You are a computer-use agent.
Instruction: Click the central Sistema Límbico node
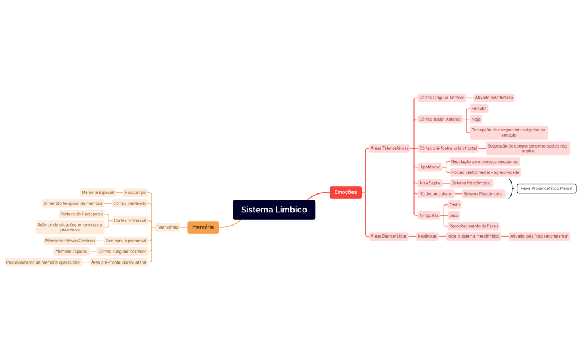(274, 210)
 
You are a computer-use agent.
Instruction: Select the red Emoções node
(346, 192)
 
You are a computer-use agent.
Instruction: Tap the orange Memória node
(203, 227)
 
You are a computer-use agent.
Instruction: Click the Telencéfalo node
(168, 227)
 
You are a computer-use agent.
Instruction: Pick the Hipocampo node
(135, 192)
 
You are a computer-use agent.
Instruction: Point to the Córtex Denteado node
(130, 203)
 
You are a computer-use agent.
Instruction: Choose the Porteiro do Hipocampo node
(82, 214)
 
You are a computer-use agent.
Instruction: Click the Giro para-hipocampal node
(126, 241)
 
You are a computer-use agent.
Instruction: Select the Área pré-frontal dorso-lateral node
(119, 262)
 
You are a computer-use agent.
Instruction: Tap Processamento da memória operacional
(44, 262)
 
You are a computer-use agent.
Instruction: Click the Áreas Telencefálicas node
(389, 148)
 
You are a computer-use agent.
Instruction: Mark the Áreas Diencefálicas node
(389, 236)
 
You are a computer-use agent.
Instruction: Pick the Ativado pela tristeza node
(494, 98)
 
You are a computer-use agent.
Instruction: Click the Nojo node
(476, 119)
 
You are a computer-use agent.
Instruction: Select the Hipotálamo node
(430, 167)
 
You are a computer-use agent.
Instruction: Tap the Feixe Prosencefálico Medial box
(547, 188)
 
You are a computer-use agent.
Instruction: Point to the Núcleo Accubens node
(435, 194)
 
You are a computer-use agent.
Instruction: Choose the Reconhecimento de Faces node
(474, 226)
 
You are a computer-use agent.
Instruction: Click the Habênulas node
(427, 236)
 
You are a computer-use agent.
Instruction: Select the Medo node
(454, 204)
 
